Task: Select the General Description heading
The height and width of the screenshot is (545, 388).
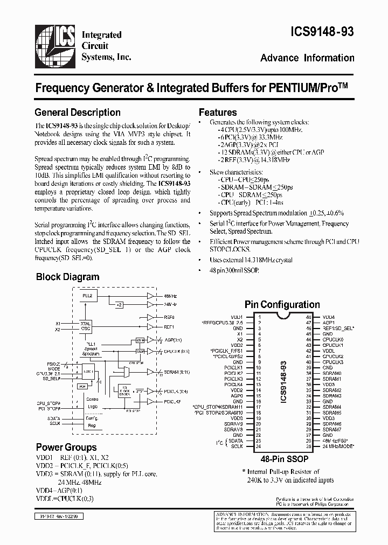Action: pos(77,113)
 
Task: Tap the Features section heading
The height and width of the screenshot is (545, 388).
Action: pos(218,113)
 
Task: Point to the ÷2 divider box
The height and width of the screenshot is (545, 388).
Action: pos(119,305)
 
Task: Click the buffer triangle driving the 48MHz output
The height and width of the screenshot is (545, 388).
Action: pos(150,296)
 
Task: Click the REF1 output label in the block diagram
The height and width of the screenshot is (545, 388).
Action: pos(169,327)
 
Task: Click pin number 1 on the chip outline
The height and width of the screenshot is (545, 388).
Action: pos(259,317)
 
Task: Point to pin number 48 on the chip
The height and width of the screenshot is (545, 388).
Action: pos(308,317)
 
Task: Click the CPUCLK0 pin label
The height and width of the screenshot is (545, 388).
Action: pos(332,340)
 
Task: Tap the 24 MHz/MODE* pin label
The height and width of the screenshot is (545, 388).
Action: pos(338,446)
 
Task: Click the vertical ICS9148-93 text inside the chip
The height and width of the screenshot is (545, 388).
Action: pos(284,380)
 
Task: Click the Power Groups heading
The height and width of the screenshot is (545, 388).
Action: pos(66,447)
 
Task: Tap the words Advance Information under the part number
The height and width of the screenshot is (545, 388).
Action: pos(307,58)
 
